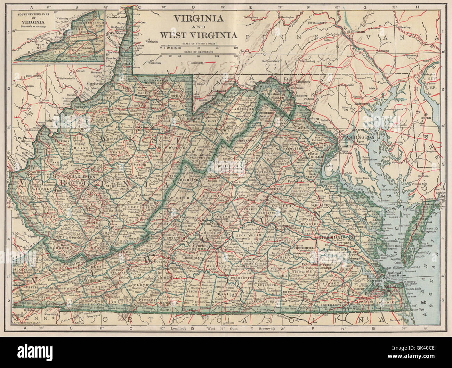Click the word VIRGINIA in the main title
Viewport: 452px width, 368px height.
point(198,18)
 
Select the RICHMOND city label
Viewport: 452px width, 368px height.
point(331,237)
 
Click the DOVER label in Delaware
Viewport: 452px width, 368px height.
point(426,118)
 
